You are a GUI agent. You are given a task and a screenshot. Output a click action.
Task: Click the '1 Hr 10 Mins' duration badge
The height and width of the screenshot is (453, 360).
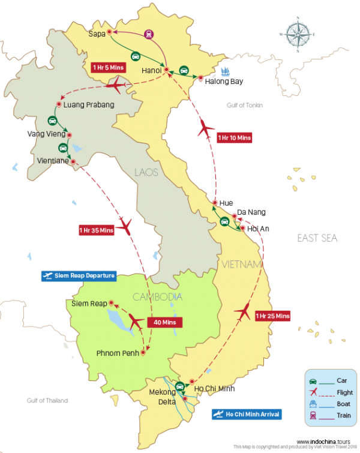coord(234,137)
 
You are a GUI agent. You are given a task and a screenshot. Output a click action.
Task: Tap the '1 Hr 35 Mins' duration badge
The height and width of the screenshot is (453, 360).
coord(96,230)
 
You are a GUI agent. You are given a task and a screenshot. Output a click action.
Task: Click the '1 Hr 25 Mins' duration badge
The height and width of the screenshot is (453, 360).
coord(272,316)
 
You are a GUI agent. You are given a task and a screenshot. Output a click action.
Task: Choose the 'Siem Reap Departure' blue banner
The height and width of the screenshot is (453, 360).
coord(78,275)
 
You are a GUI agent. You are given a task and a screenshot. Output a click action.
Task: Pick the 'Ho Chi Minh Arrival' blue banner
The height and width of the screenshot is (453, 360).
coord(246,414)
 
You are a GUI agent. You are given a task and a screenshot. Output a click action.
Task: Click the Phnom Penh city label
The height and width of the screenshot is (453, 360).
coord(116,353)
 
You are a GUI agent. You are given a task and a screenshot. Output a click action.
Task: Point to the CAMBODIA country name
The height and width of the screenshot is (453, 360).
coord(158,297)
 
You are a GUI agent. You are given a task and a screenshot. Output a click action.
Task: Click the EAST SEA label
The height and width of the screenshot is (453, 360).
coord(317,238)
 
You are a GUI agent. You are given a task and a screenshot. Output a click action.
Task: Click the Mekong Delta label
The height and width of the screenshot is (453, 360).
coord(162,397)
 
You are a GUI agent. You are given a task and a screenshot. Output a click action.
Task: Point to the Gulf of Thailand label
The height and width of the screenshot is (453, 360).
coord(47,400)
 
